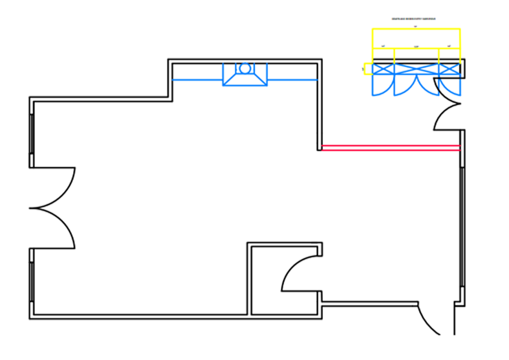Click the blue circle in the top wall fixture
(245, 67)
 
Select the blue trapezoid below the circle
(245, 79)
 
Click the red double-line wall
(390, 147)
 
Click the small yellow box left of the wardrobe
(367, 69)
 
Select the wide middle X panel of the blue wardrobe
(416, 69)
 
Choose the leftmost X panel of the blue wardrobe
(383, 69)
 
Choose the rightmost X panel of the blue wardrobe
(449, 69)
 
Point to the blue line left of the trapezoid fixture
(197, 79)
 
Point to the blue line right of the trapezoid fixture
(293, 79)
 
